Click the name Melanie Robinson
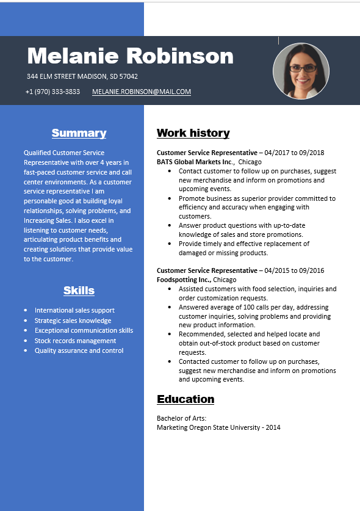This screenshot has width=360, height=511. point(130,56)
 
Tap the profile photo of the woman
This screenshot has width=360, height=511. point(301,71)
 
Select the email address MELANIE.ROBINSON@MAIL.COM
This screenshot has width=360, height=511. point(142,92)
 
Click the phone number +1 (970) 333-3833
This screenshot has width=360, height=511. point(52,92)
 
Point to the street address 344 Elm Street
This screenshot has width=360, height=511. point(82,76)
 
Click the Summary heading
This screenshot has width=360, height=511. point(79,133)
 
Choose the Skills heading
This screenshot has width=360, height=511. point(79,291)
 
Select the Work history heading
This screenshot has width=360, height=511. point(193,133)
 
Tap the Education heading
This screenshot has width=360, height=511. point(185,399)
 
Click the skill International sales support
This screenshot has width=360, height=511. point(74,310)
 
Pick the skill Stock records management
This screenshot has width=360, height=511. point(75,341)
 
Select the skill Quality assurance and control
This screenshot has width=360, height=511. point(79,350)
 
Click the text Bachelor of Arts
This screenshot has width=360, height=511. point(181,418)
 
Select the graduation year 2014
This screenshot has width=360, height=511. point(273,427)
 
